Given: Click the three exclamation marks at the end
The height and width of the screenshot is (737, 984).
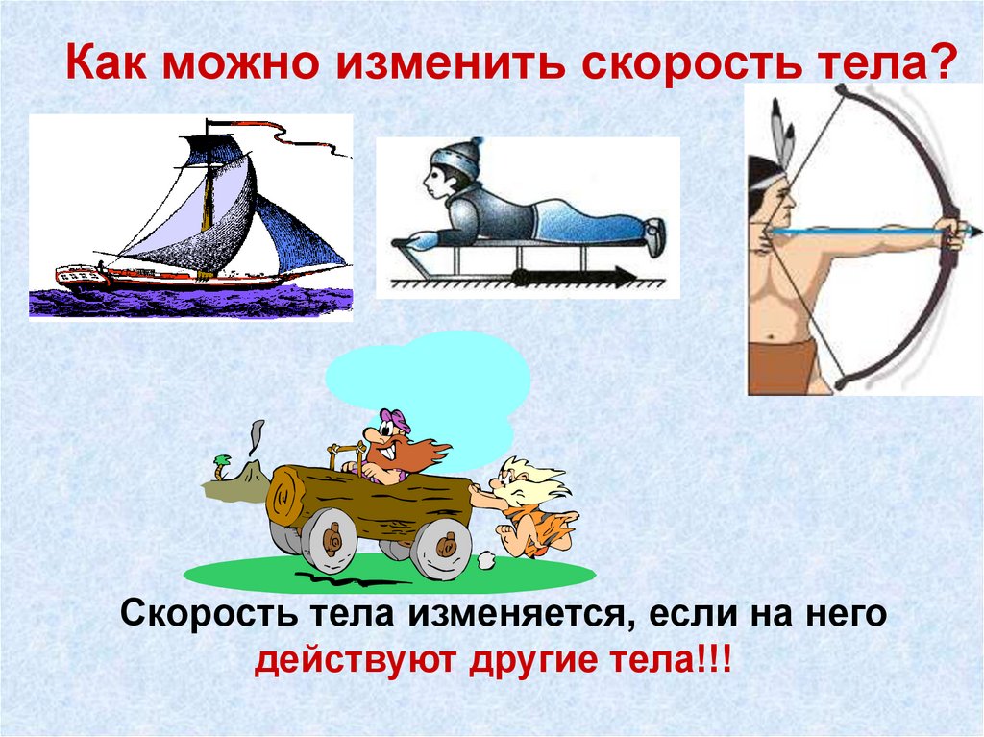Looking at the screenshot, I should point(711,664).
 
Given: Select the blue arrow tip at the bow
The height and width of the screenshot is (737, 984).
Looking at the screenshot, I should point(975,231).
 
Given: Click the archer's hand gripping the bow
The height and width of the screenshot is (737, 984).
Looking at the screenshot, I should point(950,232).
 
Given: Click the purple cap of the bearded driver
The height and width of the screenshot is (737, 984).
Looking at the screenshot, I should point(395,421).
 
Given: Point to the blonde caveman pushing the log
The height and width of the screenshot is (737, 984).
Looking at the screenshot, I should point(524,504).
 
